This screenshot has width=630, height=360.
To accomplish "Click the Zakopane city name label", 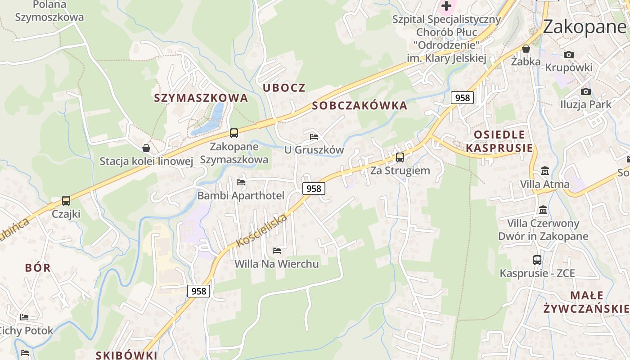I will coord(584,27).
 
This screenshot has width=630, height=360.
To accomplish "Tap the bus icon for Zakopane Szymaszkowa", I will coord(234,133).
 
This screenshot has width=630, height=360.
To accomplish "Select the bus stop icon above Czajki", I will coord(66,201).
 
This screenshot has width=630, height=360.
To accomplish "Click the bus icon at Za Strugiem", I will coord(400,157).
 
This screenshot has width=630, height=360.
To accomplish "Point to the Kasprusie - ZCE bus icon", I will coord(537,260).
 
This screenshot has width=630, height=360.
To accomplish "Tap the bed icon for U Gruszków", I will coord(314,136).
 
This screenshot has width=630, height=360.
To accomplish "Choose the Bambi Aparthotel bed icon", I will coord(241,182).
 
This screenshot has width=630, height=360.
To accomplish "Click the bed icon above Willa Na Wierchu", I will coord(277,250).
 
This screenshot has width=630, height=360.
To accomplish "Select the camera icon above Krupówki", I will coord(568,54).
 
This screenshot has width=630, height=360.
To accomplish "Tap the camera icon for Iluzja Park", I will coord(585,91).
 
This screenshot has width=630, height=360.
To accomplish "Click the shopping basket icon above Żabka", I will coord(526,49).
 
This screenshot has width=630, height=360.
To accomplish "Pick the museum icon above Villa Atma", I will coord(544,171).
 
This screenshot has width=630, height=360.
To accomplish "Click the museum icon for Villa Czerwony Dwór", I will coord(543,210).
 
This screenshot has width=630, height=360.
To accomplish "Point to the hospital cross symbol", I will coord(446,6).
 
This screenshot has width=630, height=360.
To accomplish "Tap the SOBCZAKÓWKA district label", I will coord(360,106).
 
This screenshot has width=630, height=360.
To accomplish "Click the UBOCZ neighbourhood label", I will coord(284,88).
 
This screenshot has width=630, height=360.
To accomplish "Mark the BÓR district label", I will coord(38,268).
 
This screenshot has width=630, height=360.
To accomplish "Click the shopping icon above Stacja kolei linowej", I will coord(146,148).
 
